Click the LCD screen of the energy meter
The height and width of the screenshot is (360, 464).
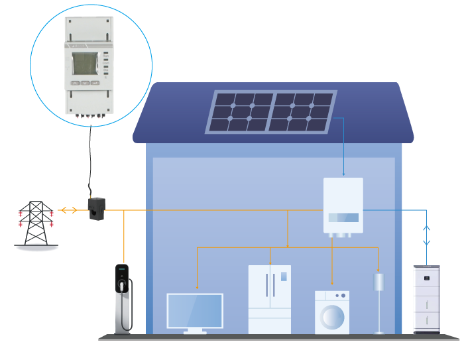(x=84, y=64)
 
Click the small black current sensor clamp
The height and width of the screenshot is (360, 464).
(x=97, y=208)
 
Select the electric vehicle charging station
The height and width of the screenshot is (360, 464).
(x=122, y=298)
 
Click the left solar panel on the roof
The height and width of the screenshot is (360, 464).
(x=241, y=112)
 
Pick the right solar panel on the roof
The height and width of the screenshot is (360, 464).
(x=302, y=111)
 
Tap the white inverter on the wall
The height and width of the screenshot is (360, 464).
(x=343, y=205)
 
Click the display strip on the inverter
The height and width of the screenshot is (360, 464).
(x=343, y=217)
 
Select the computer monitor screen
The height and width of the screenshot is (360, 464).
(x=195, y=310)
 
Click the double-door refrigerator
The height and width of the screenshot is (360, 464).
(x=269, y=299)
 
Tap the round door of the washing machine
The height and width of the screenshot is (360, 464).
(x=332, y=316)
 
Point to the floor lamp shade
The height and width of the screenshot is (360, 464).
(x=378, y=282)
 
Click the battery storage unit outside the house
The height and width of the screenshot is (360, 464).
(x=426, y=299)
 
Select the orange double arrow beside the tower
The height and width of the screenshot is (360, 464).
(x=67, y=210)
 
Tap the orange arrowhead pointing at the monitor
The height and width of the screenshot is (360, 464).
(x=197, y=287)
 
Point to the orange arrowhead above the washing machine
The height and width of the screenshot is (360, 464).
(x=332, y=283)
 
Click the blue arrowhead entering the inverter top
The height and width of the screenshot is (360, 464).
(x=343, y=174)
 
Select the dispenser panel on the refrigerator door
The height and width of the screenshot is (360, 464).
(x=284, y=276)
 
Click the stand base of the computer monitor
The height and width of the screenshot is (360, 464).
(x=195, y=331)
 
